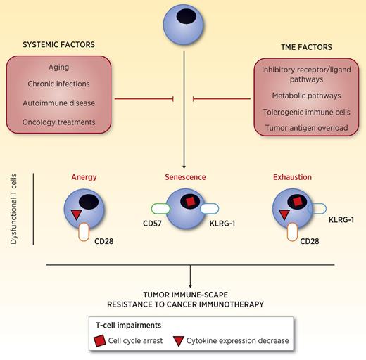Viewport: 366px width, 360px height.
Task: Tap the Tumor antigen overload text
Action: (303, 127)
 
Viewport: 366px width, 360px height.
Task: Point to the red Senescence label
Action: (184, 178)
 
